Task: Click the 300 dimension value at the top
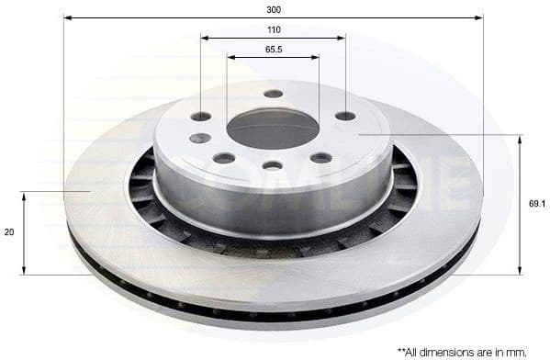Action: point(274,9)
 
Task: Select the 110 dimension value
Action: point(274,29)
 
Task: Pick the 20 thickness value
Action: point(10,232)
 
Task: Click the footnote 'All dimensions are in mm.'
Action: point(467,351)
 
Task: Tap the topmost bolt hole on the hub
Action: point(274,94)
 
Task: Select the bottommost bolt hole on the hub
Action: point(273,165)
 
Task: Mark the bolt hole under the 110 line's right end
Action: point(345,116)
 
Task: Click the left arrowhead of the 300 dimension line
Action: point(67,17)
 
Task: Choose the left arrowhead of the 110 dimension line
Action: point(204,38)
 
